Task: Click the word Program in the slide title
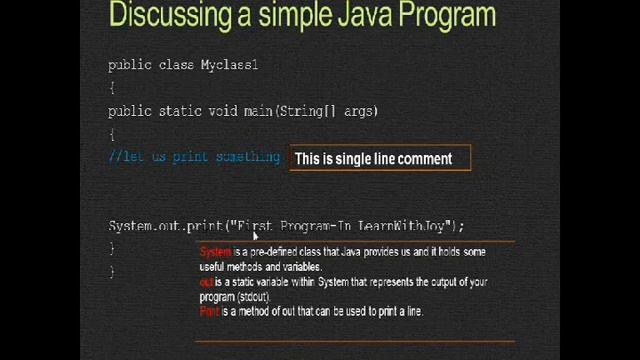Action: coord(443,15)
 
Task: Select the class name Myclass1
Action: coord(229,65)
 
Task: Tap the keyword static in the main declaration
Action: coord(181,111)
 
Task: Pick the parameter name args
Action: coord(360,111)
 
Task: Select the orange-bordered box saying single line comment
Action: coord(380,159)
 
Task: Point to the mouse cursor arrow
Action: coord(257,235)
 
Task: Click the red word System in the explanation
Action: coord(215,252)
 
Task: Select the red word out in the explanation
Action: coord(206,282)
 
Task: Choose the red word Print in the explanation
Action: coord(209,312)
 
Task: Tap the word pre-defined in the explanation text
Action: coord(273,252)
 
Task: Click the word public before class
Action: coord(130,65)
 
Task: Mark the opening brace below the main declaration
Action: coord(112,134)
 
